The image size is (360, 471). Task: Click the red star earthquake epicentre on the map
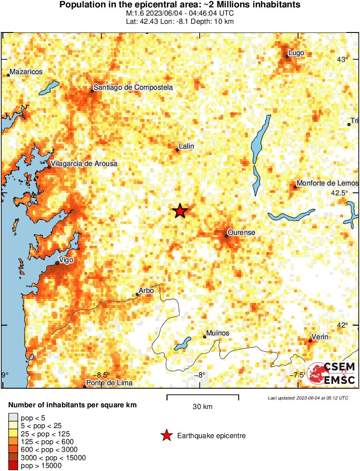point(180,211)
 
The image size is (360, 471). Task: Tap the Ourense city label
point(241,233)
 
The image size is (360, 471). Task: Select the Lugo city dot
point(287,56)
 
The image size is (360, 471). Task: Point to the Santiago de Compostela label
point(133,88)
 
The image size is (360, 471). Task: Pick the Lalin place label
point(186,147)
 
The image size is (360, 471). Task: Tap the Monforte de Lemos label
point(328,184)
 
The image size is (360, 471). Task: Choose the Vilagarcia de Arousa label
point(84,164)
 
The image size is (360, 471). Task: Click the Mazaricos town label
point(26,72)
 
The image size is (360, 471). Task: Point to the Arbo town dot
point(137,295)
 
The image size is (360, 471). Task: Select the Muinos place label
point(218,333)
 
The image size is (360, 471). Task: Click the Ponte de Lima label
point(109,383)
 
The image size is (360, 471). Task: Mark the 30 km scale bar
point(203,396)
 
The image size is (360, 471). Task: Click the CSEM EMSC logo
point(331,373)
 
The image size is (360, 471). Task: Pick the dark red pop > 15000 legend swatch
point(13,466)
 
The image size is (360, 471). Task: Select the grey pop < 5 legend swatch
point(13,418)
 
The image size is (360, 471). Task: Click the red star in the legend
point(166,436)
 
